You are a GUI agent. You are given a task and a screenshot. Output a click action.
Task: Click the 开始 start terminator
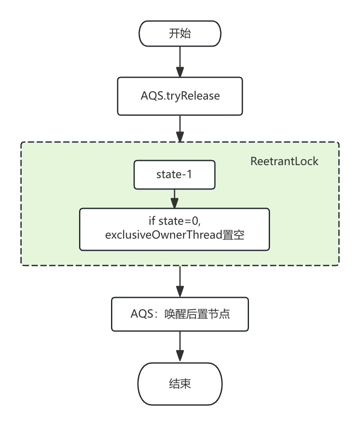pos(180,34)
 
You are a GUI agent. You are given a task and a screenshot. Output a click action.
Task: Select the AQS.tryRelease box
pos(180,96)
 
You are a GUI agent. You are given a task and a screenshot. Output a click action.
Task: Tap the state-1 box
pos(175,174)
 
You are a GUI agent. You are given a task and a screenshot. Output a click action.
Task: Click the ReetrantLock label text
pos(284,161)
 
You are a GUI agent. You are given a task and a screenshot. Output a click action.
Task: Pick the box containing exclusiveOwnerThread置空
pos(175,229)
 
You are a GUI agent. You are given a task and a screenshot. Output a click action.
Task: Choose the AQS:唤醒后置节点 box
pos(180,314)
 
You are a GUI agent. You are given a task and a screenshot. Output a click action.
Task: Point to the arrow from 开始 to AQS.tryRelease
pos(180,61)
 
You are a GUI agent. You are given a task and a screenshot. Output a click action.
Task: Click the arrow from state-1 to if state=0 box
pos(175,197)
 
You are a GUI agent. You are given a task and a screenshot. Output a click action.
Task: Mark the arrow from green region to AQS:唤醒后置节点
pos(180,281)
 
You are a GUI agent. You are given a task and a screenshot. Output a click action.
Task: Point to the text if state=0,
pos(175,223)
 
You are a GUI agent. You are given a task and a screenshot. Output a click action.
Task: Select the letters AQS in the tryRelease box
pos(150,96)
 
